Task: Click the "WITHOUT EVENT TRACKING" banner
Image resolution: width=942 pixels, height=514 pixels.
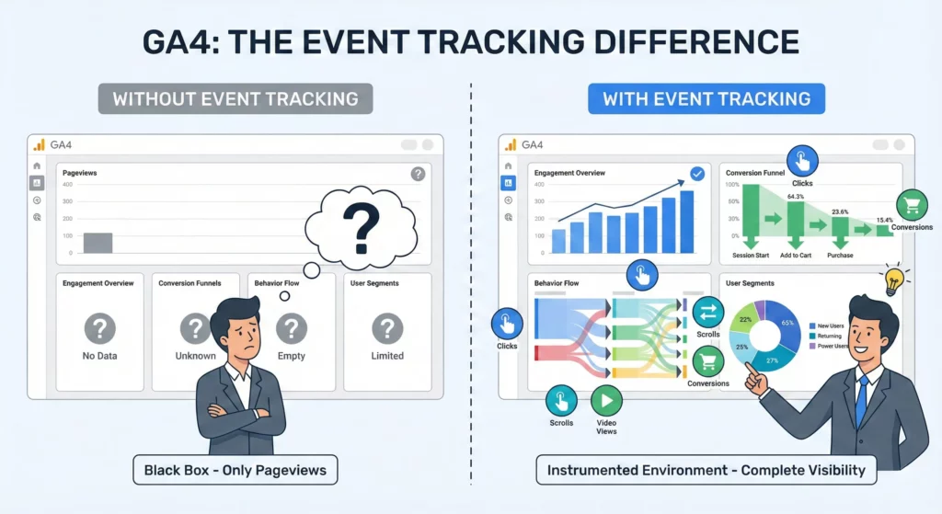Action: pyautogui.click(x=235, y=98)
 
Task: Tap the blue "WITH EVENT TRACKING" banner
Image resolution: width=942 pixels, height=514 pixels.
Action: pyautogui.click(x=706, y=98)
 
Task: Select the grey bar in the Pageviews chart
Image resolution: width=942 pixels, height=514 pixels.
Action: pyautogui.click(x=98, y=243)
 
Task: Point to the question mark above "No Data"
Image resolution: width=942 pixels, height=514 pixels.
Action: pyautogui.click(x=99, y=328)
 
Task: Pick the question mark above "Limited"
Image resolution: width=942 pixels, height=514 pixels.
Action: pyautogui.click(x=387, y=328)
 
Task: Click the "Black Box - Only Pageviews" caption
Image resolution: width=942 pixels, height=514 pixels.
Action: pyautogui.click(x=235, y=471)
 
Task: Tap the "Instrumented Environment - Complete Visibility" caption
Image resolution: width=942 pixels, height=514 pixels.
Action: pyautogui.click(x=706, y=471)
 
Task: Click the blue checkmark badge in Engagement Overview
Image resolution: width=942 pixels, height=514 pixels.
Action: pyautogui.click(x=696, y=173)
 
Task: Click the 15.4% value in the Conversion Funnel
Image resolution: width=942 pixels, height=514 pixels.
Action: pyautogui.click(x=884, y=221)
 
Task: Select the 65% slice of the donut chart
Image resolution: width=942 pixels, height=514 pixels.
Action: pyautogui.click(x=785, y=323)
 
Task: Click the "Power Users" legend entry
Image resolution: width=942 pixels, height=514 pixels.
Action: pyautogui.click(x=831, y=346)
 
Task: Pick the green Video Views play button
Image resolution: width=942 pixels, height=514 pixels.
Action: pyautogui.click(x=605, y=401)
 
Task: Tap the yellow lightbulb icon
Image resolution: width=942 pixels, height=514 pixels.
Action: pyautogui.click(x=890, y=280)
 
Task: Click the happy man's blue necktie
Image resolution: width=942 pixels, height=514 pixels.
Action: pyautogui.click(x=861, y=401)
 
